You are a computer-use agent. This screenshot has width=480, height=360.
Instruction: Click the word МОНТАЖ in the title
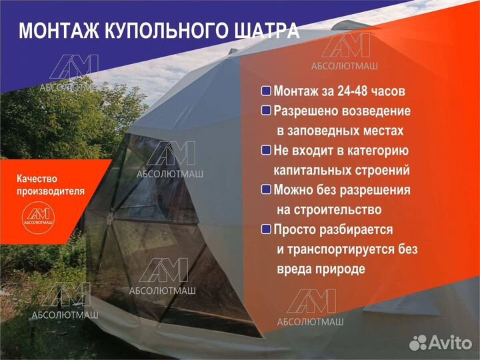tap(53, 31)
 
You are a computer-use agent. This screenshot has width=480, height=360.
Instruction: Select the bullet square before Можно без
tap(266, 190)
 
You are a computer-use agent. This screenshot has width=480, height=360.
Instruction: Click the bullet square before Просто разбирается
tap(266, 229)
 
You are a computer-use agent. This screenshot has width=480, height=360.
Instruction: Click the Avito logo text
tap(449, 343)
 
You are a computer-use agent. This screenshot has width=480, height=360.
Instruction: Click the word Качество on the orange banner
tap(37, 179)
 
